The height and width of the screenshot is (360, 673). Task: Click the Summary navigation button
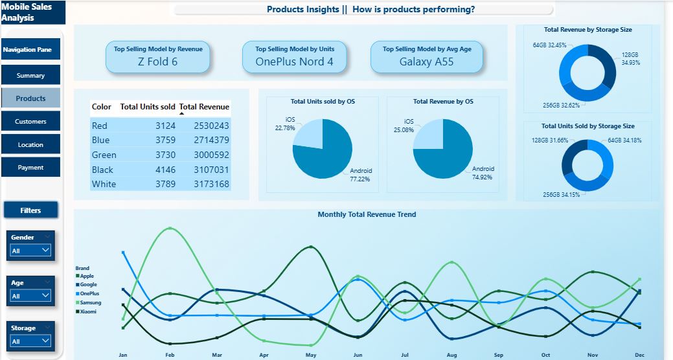(30, 75)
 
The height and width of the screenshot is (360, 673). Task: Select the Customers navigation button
(30, 121)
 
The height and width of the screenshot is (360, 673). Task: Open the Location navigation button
(30, 144)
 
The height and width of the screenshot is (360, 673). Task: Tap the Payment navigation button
(30, 167)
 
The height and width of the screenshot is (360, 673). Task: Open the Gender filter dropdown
(30, 250)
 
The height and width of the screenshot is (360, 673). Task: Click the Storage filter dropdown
(30, 341)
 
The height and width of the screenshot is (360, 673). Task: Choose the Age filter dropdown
(30, 295)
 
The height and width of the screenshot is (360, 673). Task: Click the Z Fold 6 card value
(157, 62)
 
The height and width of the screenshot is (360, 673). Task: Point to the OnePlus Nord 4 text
(294, 62)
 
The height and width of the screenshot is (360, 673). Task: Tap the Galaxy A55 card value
(426, 62)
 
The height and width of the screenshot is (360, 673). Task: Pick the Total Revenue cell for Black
(211, 170)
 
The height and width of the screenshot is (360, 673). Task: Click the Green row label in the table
(104, 155)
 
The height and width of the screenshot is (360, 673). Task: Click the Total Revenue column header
(204, 107)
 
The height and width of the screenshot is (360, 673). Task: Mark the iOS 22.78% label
(284, 124)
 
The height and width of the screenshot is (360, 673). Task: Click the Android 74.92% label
(483, 173)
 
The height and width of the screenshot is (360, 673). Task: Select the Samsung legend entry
(90, 302)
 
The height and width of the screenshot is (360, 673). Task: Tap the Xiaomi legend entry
(87, 311)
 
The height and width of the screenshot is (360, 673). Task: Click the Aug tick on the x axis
(451, 355)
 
